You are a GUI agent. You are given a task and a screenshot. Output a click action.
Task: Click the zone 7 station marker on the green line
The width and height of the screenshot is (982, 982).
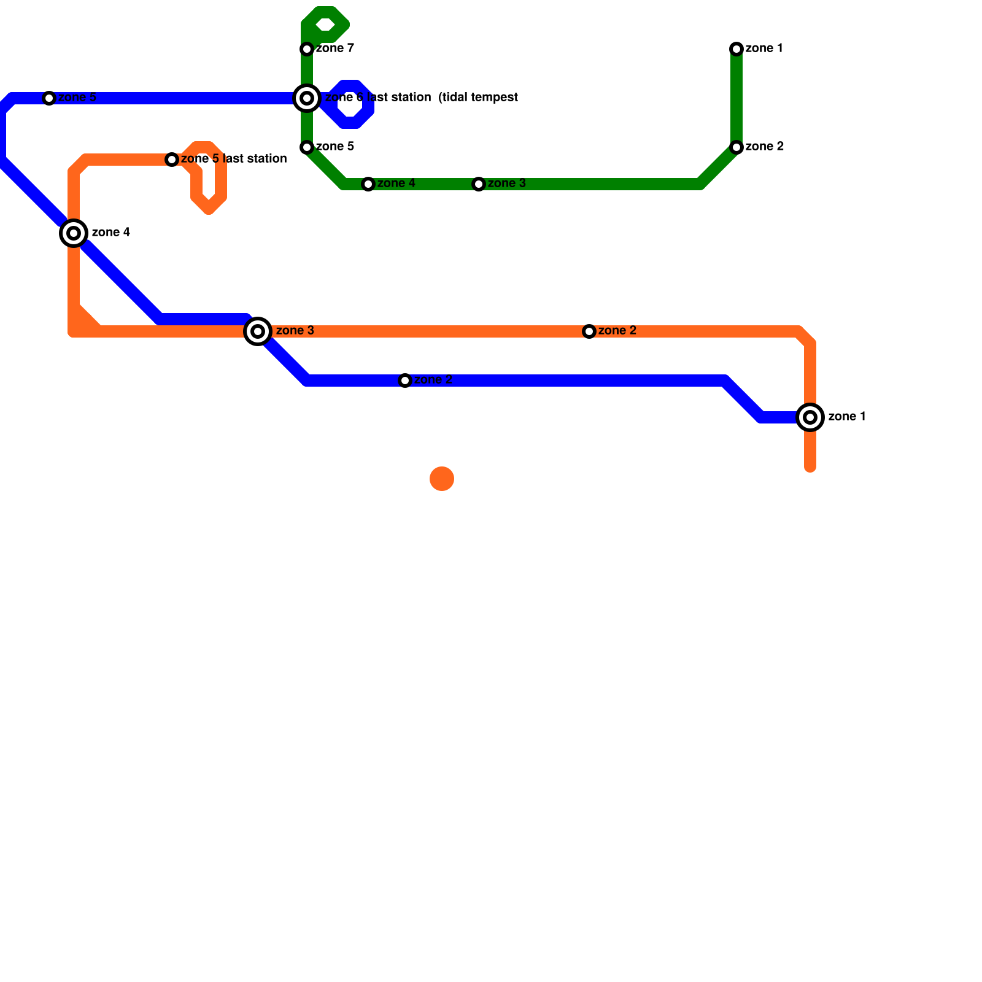[307, 49]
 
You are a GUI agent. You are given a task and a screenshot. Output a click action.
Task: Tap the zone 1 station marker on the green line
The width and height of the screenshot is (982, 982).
[736, 49]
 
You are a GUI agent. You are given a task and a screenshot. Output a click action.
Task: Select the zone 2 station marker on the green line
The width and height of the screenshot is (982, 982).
[736, 147]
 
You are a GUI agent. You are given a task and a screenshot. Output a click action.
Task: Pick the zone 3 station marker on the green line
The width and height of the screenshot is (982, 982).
[479, 184]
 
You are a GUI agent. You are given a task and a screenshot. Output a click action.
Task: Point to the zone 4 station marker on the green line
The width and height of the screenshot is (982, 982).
[368, 184]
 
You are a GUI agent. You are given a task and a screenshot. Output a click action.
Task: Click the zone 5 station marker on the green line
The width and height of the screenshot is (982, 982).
[307, 147]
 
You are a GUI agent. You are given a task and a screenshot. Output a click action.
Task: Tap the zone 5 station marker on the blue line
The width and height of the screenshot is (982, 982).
[49, 98]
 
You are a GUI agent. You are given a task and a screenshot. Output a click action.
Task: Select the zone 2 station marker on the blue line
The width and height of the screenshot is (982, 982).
[405, 381]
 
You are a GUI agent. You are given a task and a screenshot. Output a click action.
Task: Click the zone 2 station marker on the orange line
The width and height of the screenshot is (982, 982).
[589, 331]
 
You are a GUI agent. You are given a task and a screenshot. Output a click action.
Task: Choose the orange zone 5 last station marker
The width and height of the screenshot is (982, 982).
[172, 160]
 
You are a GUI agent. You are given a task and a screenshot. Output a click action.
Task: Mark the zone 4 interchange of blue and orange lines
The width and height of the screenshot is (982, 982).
[74, 233]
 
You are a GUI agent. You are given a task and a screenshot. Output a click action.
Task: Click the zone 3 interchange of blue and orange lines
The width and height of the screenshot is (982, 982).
[258, 331]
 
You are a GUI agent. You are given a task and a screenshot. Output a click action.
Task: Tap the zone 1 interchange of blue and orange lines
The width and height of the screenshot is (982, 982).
[810, 417]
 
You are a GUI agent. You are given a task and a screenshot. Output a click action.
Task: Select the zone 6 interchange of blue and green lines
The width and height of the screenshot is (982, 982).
[307, 98]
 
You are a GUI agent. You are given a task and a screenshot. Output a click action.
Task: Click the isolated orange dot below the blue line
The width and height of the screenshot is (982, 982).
[442, 479]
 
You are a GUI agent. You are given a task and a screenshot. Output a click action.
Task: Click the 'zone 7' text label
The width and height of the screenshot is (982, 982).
[334, 48]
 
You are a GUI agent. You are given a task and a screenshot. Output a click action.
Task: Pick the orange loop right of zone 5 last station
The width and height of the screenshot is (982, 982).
[209, 178]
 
